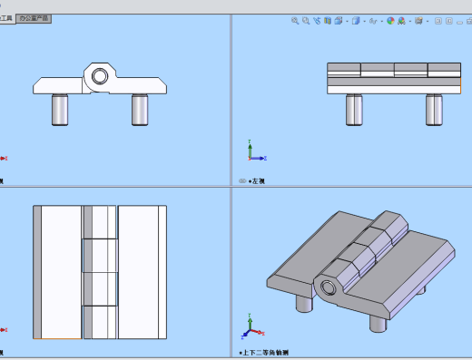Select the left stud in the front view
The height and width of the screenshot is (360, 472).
pyautogui.click(x=61, y=109)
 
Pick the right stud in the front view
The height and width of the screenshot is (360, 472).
pyautogui.click(x=141, y=109)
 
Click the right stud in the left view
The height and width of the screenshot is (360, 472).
pyautogui.click(x=434, y=109)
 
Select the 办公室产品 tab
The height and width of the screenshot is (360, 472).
pyautogui.click(x=34, y=18)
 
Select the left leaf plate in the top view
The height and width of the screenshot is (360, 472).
pyautogui.click(x=62, y=272)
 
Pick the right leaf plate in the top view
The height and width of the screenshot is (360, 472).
pyautogui.click(x=141, y=272)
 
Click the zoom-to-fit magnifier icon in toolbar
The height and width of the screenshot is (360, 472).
pyautogui.click(x=295, y=21)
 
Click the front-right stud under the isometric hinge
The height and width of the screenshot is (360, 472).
pyautogui.click(x=376, y=322)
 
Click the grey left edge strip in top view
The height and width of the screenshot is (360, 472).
pyautogui.click(x=37, y=272)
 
